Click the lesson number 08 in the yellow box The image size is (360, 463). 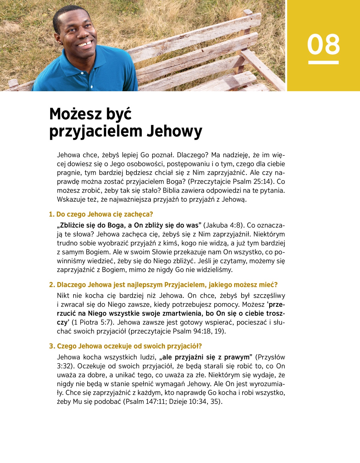tap(323, 44)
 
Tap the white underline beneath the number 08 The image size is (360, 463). tap(323, 62)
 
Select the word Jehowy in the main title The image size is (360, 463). tap(174, 131)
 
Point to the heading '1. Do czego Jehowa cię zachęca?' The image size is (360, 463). tap(101, 214)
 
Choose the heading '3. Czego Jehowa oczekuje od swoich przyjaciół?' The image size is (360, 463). tap(125, 346)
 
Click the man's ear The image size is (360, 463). tap(57, 34)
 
